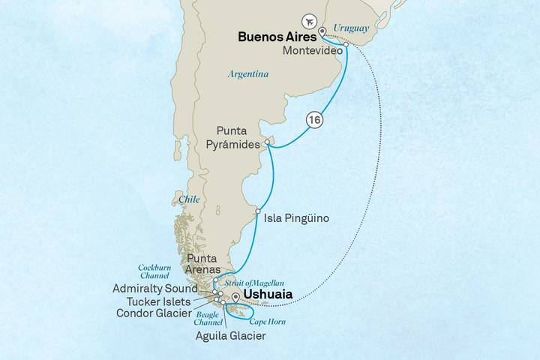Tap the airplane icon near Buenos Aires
coord(307,20)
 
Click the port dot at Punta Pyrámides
coord(268,141)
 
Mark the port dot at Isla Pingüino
coord(258,212)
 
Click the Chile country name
coord(190,200)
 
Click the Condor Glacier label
coord(163,313)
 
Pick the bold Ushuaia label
coord(268,295)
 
